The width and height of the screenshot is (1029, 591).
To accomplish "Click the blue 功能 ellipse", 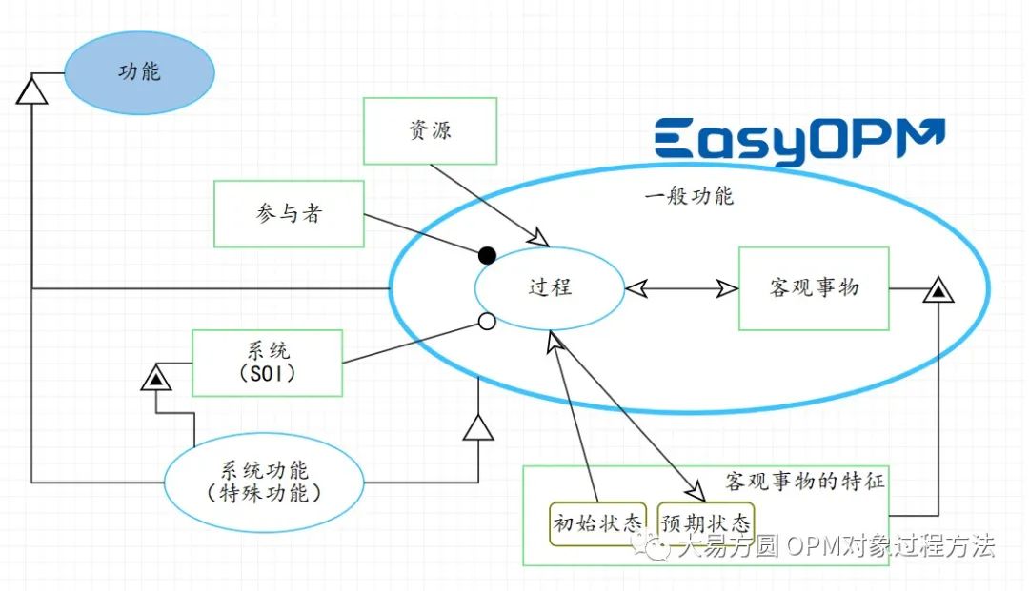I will pyautogui.click(x=139, y=72).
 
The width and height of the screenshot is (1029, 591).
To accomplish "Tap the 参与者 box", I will pyautogui.click(x=289, y=214).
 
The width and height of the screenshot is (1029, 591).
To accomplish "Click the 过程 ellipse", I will pyautogui.click(x=551, y=286).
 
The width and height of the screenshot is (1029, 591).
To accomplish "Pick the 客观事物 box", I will pyautogui.click(x=814, y=287).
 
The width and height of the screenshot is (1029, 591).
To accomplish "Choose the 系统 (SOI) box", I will pyautogui.click(x=267, y=363).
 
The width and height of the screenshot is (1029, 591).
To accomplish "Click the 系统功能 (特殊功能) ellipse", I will pyautogui.click(x=264, y=482).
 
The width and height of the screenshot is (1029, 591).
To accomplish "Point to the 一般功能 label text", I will pyautogui.click(x=689, y=197).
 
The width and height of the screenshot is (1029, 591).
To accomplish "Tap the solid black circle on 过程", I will pyautogui.click(x=487, y=254).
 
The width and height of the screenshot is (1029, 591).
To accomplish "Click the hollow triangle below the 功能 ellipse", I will pyautogui.click(x=31, y=90).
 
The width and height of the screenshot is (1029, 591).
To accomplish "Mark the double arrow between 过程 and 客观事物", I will pyautogui.click(x=681, y=287).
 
